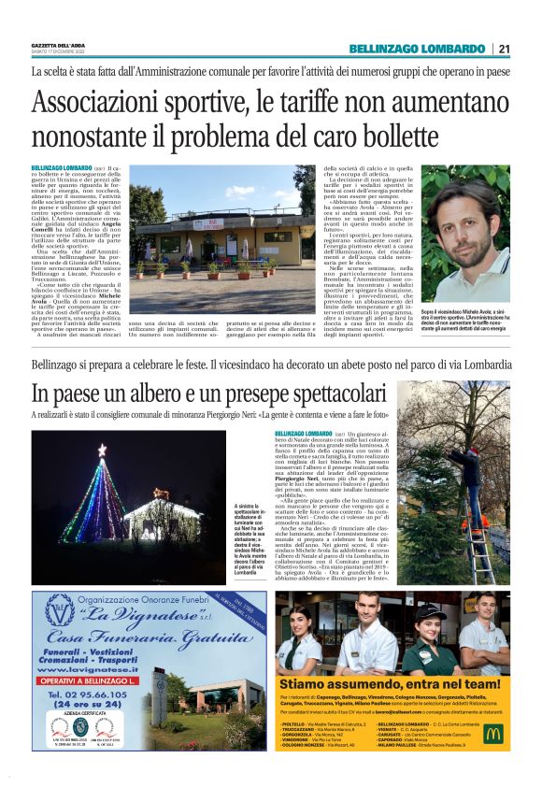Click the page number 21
click(504, 49)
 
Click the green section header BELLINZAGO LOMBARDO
click(424, 49)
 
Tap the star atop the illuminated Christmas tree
click(102, 450)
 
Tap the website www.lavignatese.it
click(85, 669)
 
